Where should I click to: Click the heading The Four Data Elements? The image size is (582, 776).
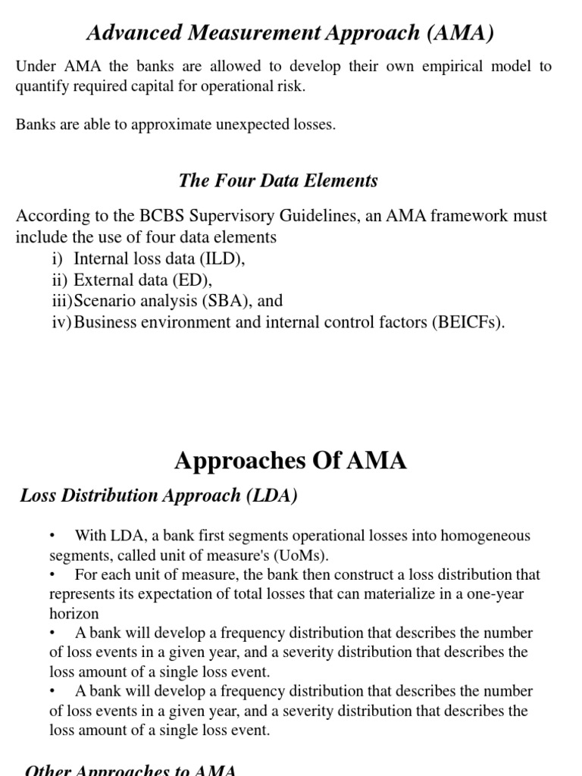278,180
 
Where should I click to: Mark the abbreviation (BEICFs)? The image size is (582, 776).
468,322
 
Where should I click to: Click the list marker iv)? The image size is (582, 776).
61,322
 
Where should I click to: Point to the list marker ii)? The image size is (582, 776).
61,280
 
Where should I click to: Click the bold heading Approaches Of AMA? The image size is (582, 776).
290,461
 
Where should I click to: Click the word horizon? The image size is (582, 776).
74,614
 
